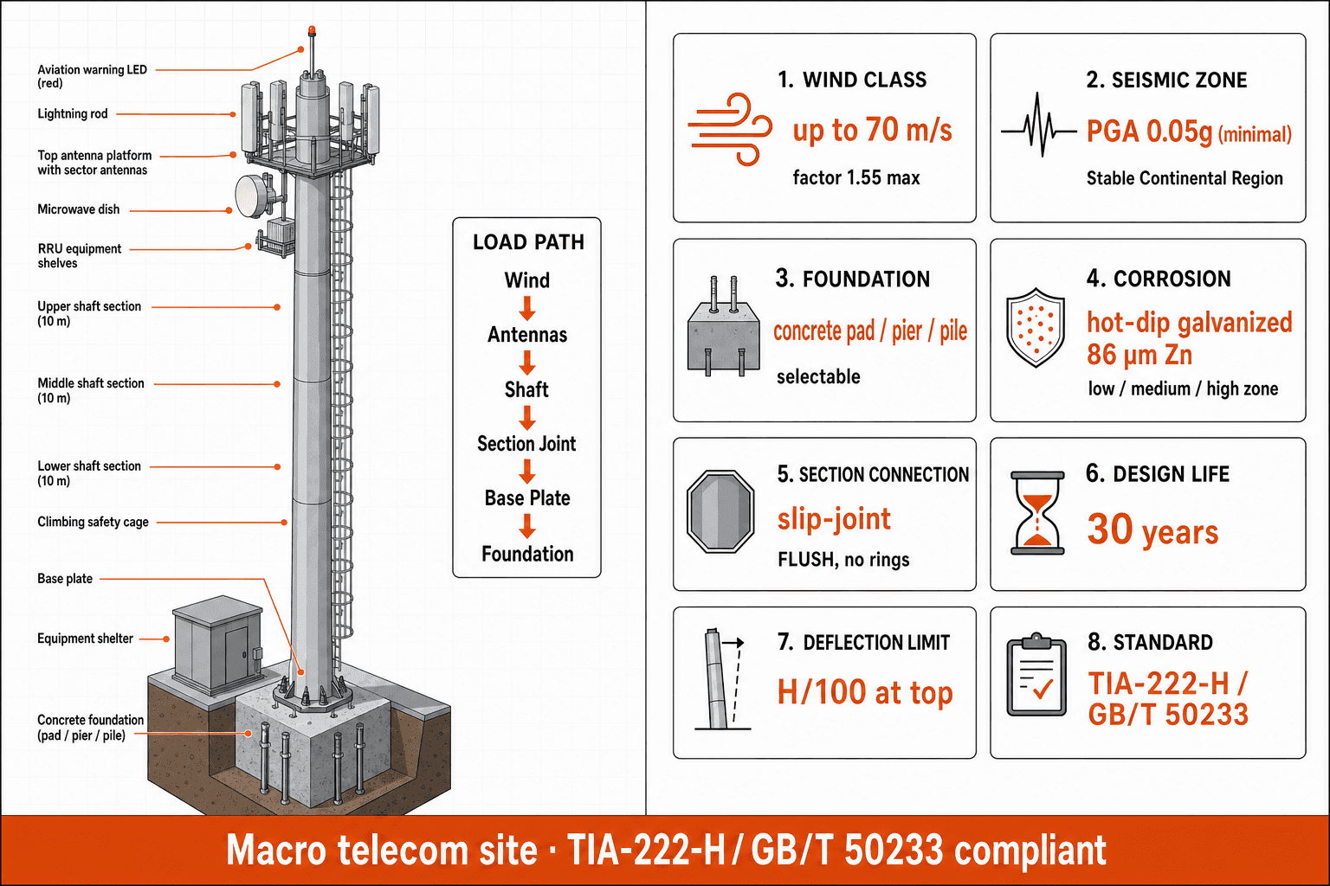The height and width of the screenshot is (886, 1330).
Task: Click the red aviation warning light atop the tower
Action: click(x=312, y=30)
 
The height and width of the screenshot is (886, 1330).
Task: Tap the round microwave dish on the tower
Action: click(x=254, y=196)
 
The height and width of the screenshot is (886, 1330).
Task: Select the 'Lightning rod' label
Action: click(x=73, y=113)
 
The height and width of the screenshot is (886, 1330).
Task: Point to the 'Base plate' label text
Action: click(x=65, y=579)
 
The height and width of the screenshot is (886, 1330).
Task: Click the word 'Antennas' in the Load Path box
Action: click(x=527, y=335)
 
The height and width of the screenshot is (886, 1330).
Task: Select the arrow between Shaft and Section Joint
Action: click(x=526, y=418)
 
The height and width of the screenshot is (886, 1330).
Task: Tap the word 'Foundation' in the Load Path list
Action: click(x=527, y=554)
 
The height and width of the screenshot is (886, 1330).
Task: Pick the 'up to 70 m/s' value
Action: click(x=872, y=130)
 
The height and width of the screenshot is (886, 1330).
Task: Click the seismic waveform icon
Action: click(x=1038, y=125)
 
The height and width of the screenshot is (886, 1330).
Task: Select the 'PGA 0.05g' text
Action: click(x=1149, y=132)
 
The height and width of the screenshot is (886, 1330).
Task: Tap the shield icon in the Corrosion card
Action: click(x=1036, y=328)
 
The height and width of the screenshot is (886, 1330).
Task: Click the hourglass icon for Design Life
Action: click(x=1037, y=513)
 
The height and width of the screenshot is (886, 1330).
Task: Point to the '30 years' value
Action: click(x=1152, y=530)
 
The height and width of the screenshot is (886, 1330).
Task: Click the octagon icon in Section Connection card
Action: click(x=720, y=511)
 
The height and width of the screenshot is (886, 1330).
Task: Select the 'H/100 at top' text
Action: click(x=864, y=692)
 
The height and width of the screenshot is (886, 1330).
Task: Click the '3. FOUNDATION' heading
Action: click(x=853, y=279)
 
